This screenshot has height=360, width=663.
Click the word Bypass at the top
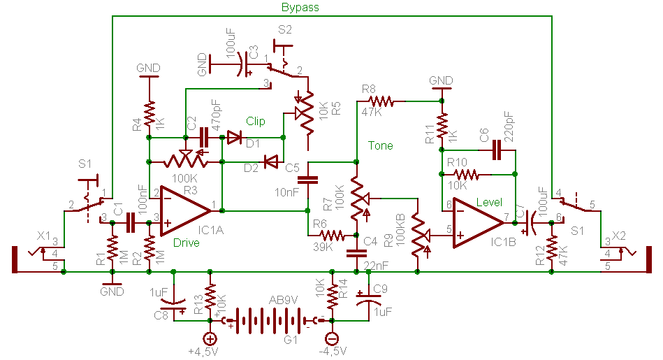click(x=300, y=8)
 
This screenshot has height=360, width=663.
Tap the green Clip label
click(x=256, y=122)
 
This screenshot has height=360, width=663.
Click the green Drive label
click(x=186, y=243)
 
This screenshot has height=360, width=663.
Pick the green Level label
click(x=489, y=203)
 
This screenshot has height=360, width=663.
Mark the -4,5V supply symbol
click(x=332, y=338)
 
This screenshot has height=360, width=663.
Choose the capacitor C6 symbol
click(x=497, y=148)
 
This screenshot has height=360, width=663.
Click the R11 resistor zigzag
click(x=442, y=127)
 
